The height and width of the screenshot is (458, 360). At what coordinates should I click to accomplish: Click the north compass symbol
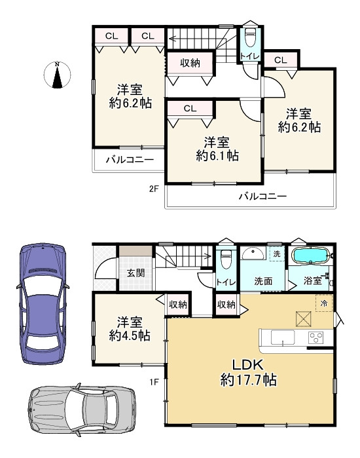click(57, 75)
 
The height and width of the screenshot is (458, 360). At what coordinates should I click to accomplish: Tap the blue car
click(43, 304)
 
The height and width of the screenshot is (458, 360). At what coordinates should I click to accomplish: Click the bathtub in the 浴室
click(311, 256)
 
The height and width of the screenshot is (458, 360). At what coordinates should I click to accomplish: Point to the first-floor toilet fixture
click(226, 259)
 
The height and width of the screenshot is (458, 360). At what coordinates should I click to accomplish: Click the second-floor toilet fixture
click(250, 37)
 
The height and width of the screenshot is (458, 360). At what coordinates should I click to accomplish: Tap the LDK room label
click(247, 365)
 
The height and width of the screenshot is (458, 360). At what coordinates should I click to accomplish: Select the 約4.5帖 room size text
click(130, 335)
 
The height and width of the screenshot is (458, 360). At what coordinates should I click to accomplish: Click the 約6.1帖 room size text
click(217, 156)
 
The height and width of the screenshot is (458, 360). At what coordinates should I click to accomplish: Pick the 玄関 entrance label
click(135, 273)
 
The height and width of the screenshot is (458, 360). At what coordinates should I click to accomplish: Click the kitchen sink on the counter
click(283, 337)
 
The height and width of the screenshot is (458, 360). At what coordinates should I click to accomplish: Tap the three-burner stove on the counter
click(316, 337)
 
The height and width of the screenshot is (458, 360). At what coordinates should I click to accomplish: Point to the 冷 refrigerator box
click(324, 303)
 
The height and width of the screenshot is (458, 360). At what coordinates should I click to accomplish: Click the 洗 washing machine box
click(277, 254)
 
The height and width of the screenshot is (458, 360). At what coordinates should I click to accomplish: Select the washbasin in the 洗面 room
click(253, 254)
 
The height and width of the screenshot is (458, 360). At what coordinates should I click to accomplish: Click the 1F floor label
click(154, 382)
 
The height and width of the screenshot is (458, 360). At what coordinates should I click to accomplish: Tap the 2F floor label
click(154, 189)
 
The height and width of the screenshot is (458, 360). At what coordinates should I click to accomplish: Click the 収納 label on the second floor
click(190, 62)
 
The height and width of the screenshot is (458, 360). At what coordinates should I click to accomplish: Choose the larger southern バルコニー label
click(263, 196)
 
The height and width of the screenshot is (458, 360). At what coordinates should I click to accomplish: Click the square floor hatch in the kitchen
click(304, 318)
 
